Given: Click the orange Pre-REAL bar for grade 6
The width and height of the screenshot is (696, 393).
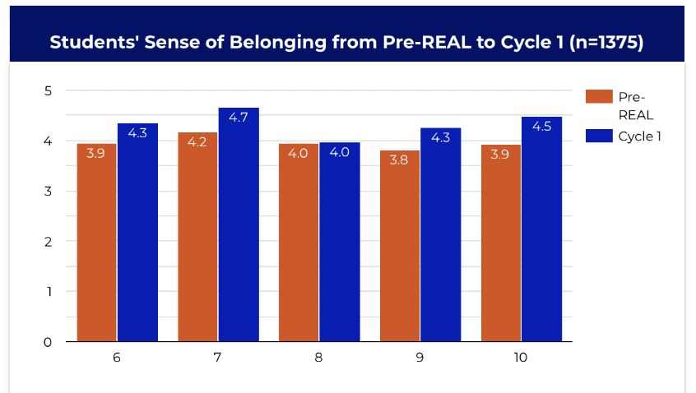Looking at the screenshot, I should point(96,243).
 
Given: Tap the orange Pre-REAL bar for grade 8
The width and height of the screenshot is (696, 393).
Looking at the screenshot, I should point(299,243).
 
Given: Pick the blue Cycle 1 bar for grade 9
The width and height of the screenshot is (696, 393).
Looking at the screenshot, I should point(440,234).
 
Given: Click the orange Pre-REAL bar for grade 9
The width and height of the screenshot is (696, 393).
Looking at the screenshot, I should point(400,246).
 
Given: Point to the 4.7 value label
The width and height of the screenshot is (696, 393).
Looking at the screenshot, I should point(239,118).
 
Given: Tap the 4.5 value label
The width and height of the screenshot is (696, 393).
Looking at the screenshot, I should point(541,127).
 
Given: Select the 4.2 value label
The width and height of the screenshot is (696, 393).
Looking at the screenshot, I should point(198,143).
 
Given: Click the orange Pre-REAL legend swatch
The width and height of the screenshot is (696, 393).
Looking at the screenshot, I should point(598,96).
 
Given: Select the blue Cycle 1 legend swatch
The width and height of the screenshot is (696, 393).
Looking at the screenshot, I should point(598,136).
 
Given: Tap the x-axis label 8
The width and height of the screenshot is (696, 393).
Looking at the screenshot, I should point(319,358).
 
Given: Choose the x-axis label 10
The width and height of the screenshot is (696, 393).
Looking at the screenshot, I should point(522,358).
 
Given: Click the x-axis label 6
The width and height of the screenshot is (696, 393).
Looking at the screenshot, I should point(117,358).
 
